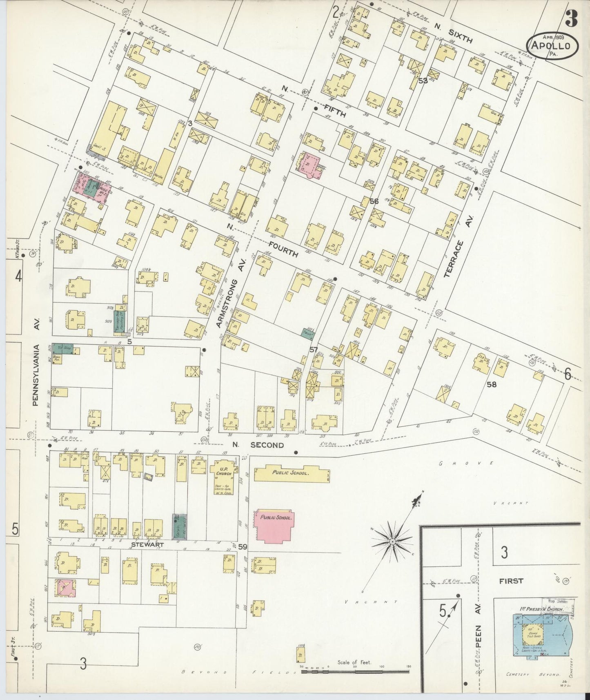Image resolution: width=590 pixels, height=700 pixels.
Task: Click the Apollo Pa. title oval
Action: pyautogui.click(x=553, y=46)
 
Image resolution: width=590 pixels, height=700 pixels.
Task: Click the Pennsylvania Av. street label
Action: pyautogui.click(x=36, y=375)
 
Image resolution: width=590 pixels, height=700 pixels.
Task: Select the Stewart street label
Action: pyautogui.click(x=147, y=544)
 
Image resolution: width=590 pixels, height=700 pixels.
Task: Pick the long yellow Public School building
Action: pyautogui.click(x=292, y=474)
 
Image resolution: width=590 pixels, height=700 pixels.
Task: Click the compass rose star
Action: pyautogui.click(x=392, y=541)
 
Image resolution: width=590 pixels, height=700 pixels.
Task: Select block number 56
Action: pyautogui.click(x=374, y=201)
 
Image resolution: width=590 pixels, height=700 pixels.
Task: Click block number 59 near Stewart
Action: pyautogui.click(x=243, y=546)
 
